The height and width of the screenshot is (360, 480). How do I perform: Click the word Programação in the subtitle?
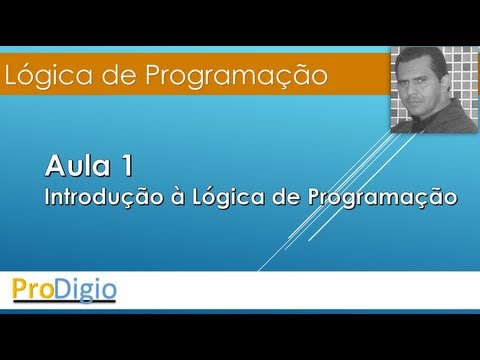(373, 196)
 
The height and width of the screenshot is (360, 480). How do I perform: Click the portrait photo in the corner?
(434, 89)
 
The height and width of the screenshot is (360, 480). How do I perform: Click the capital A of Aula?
(54, 162)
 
